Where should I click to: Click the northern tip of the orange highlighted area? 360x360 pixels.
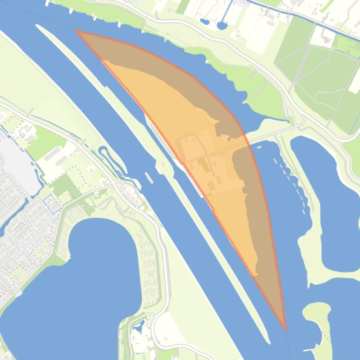pos(76,31)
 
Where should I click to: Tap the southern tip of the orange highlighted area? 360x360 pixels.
pos(285,329)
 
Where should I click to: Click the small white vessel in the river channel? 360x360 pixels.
pos(149,178)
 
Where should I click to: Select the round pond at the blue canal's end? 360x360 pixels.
pos(222,25)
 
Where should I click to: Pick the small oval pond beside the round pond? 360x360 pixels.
pos(205,21)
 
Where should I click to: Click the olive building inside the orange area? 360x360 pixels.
pos(203,164)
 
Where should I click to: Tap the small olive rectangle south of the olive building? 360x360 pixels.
pos(211,186)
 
